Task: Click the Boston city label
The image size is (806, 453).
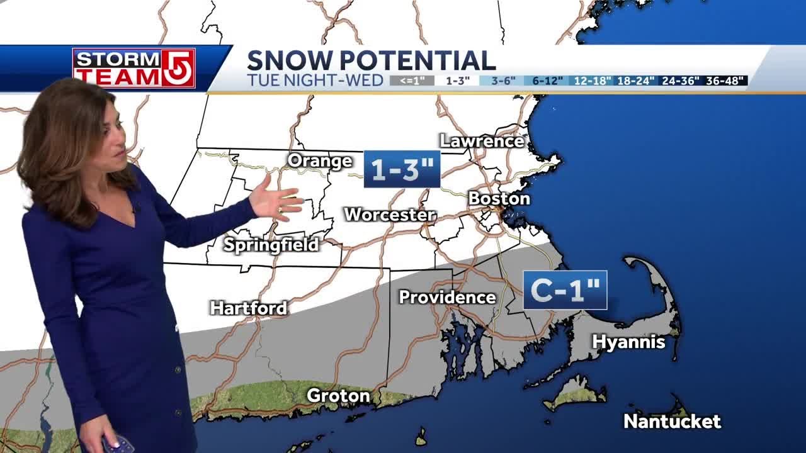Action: click(x=499, y=199)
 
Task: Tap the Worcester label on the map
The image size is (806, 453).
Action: click(x=390, y=215)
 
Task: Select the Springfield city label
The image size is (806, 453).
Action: click(x=271, y=245)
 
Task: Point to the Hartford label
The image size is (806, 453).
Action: click(x=248, y=308)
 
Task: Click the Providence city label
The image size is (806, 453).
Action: click(x=447, y=297)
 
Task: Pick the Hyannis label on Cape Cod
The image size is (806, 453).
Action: click(x=628, y=342)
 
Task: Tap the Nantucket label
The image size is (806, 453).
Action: click(x=672, y=422)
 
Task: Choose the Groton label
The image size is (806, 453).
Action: click(x=338, y=396)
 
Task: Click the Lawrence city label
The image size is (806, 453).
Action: click(x=482, y=141)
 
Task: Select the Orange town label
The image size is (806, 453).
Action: click(x=320, y=161)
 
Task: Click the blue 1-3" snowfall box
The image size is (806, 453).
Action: click(x=402, y=169)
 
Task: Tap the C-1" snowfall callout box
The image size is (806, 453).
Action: click(x=565, y=290)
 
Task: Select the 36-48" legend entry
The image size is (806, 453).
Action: click(x=726, y=81)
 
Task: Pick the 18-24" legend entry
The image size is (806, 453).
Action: click(x=636, y=81)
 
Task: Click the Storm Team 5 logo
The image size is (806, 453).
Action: click(x=133, y=67)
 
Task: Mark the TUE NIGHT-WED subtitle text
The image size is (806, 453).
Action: click(x=315, y=81)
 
